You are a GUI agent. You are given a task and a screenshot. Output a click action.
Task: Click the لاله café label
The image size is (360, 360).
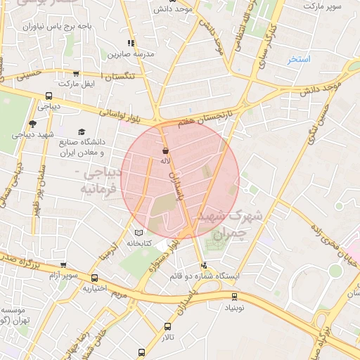pyautogui.click(x=166, y=160)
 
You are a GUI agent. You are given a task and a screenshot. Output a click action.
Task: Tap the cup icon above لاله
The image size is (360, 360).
pyautogui.click(x=166, y=150)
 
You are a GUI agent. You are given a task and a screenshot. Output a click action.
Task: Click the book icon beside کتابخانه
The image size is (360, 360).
pyautogui.click(x=139, y=233)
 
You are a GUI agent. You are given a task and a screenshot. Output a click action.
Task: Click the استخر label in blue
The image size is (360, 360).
pyautogui.click(x=299, y=59)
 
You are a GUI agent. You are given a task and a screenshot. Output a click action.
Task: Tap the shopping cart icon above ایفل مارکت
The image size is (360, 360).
pyautogui.click(x=75, y=74)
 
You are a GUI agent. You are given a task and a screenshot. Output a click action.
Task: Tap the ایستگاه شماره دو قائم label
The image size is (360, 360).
pyautogui.click(x=205, y=276)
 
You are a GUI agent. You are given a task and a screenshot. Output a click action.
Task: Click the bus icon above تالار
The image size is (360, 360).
pyautogui.click(x=167, y=326)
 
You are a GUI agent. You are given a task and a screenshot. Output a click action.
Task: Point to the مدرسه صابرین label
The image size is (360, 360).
pyautogui.click(x=125, y=53)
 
